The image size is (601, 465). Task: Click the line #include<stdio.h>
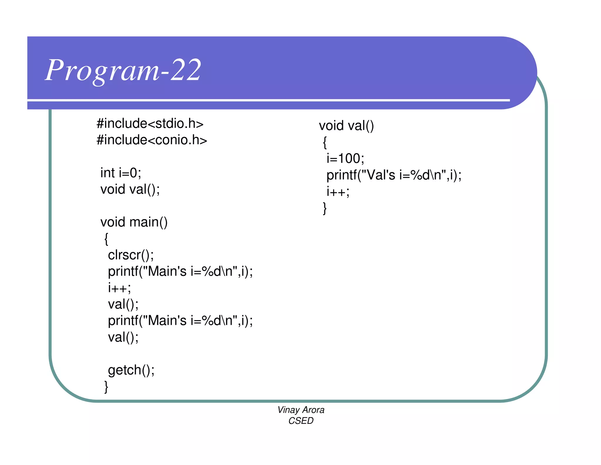(150, 123)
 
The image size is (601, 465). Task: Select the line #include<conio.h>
(152, 140)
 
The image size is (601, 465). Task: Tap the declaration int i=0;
(121, 173)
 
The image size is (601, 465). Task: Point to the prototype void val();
(130, 189)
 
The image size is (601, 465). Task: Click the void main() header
(134, 222)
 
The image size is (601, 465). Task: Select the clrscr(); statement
(131, 255)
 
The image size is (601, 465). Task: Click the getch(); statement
(131, 370)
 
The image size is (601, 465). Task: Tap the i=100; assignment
(345, 158)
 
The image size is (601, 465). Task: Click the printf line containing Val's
(394, 175)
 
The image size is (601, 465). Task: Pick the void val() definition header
(346, 126)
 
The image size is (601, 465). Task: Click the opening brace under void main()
(106, 239)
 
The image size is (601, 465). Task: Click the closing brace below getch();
(106, 387)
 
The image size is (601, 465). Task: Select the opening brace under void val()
(325, 143)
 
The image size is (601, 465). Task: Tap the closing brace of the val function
(325, 208)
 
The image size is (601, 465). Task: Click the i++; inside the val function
(338, 192)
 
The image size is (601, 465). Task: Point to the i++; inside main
(119, 288)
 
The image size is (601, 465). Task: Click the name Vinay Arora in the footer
(301, 410)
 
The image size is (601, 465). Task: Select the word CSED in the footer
(301, 421)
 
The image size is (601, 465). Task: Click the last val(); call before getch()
(123, 337)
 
